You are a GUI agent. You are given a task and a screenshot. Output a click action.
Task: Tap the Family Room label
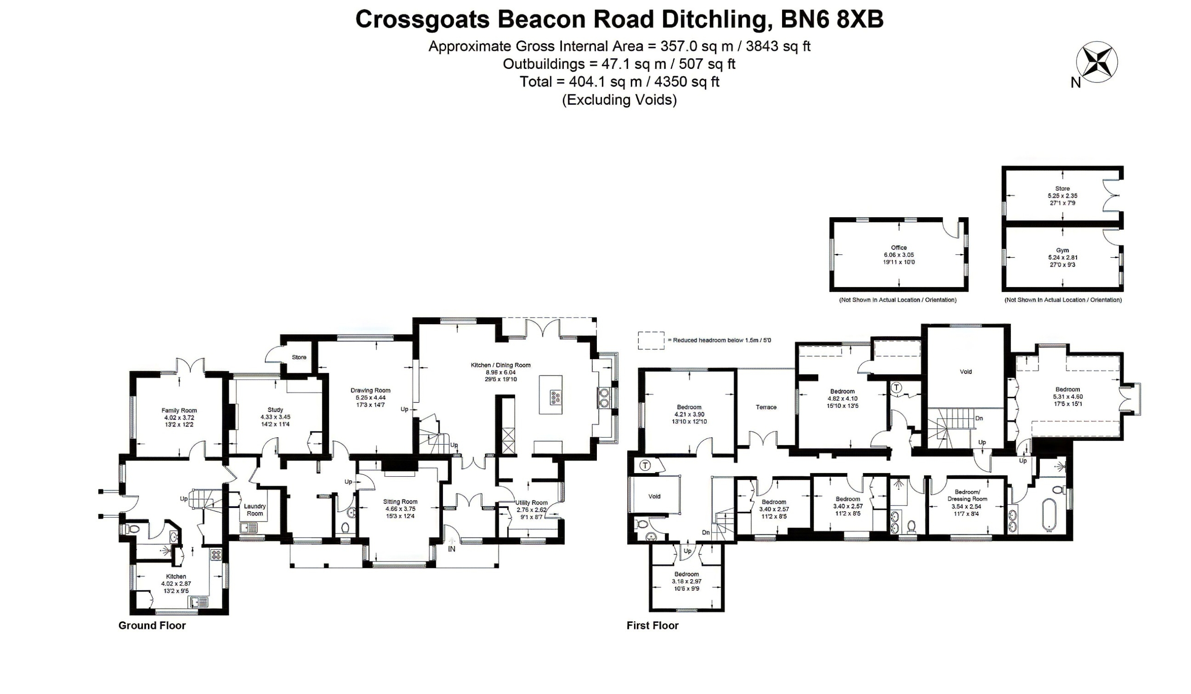pyautogui.click(x=179, y=411)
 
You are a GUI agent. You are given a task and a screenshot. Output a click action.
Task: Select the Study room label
pyautogui.click(x=275, y=410)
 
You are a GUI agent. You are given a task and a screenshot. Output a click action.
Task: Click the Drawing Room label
pyautogui.click(x=370, y=390)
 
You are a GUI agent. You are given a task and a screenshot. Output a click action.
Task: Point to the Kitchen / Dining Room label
pyautogui.click(x=501, y=365)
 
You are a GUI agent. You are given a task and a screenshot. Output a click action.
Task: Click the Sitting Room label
pyautogui.click(x=400, y=502)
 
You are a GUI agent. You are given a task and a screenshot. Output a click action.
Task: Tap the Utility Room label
pyautogui.click(x=532, y=503)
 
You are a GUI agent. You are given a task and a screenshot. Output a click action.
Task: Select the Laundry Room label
pyautogui.click(x=255, y=510)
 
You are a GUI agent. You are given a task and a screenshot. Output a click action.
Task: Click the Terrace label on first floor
pyautogui.click(x=766, y=407)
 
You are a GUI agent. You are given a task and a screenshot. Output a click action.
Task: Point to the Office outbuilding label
pyautogui.click(x=899, y=247)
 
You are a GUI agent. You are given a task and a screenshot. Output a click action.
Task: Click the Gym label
pyautogui.click(x=1063, y=250)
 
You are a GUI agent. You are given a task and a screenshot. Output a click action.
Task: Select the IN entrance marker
pyautogui.click(x=452, y=549)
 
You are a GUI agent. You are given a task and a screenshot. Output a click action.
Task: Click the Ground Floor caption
pyautogui.click(x=152, y=626)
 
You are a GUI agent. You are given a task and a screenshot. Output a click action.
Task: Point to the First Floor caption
pyautogui.click(x=652, y=626)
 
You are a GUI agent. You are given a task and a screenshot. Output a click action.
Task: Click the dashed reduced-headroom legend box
pyautogui.click(x=651, y=340)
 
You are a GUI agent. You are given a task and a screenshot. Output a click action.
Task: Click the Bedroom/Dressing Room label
pyautogui.click(x=967, y=495)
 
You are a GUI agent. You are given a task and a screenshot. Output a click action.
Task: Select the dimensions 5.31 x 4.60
pyautogui.click(x=1068, y=397)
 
